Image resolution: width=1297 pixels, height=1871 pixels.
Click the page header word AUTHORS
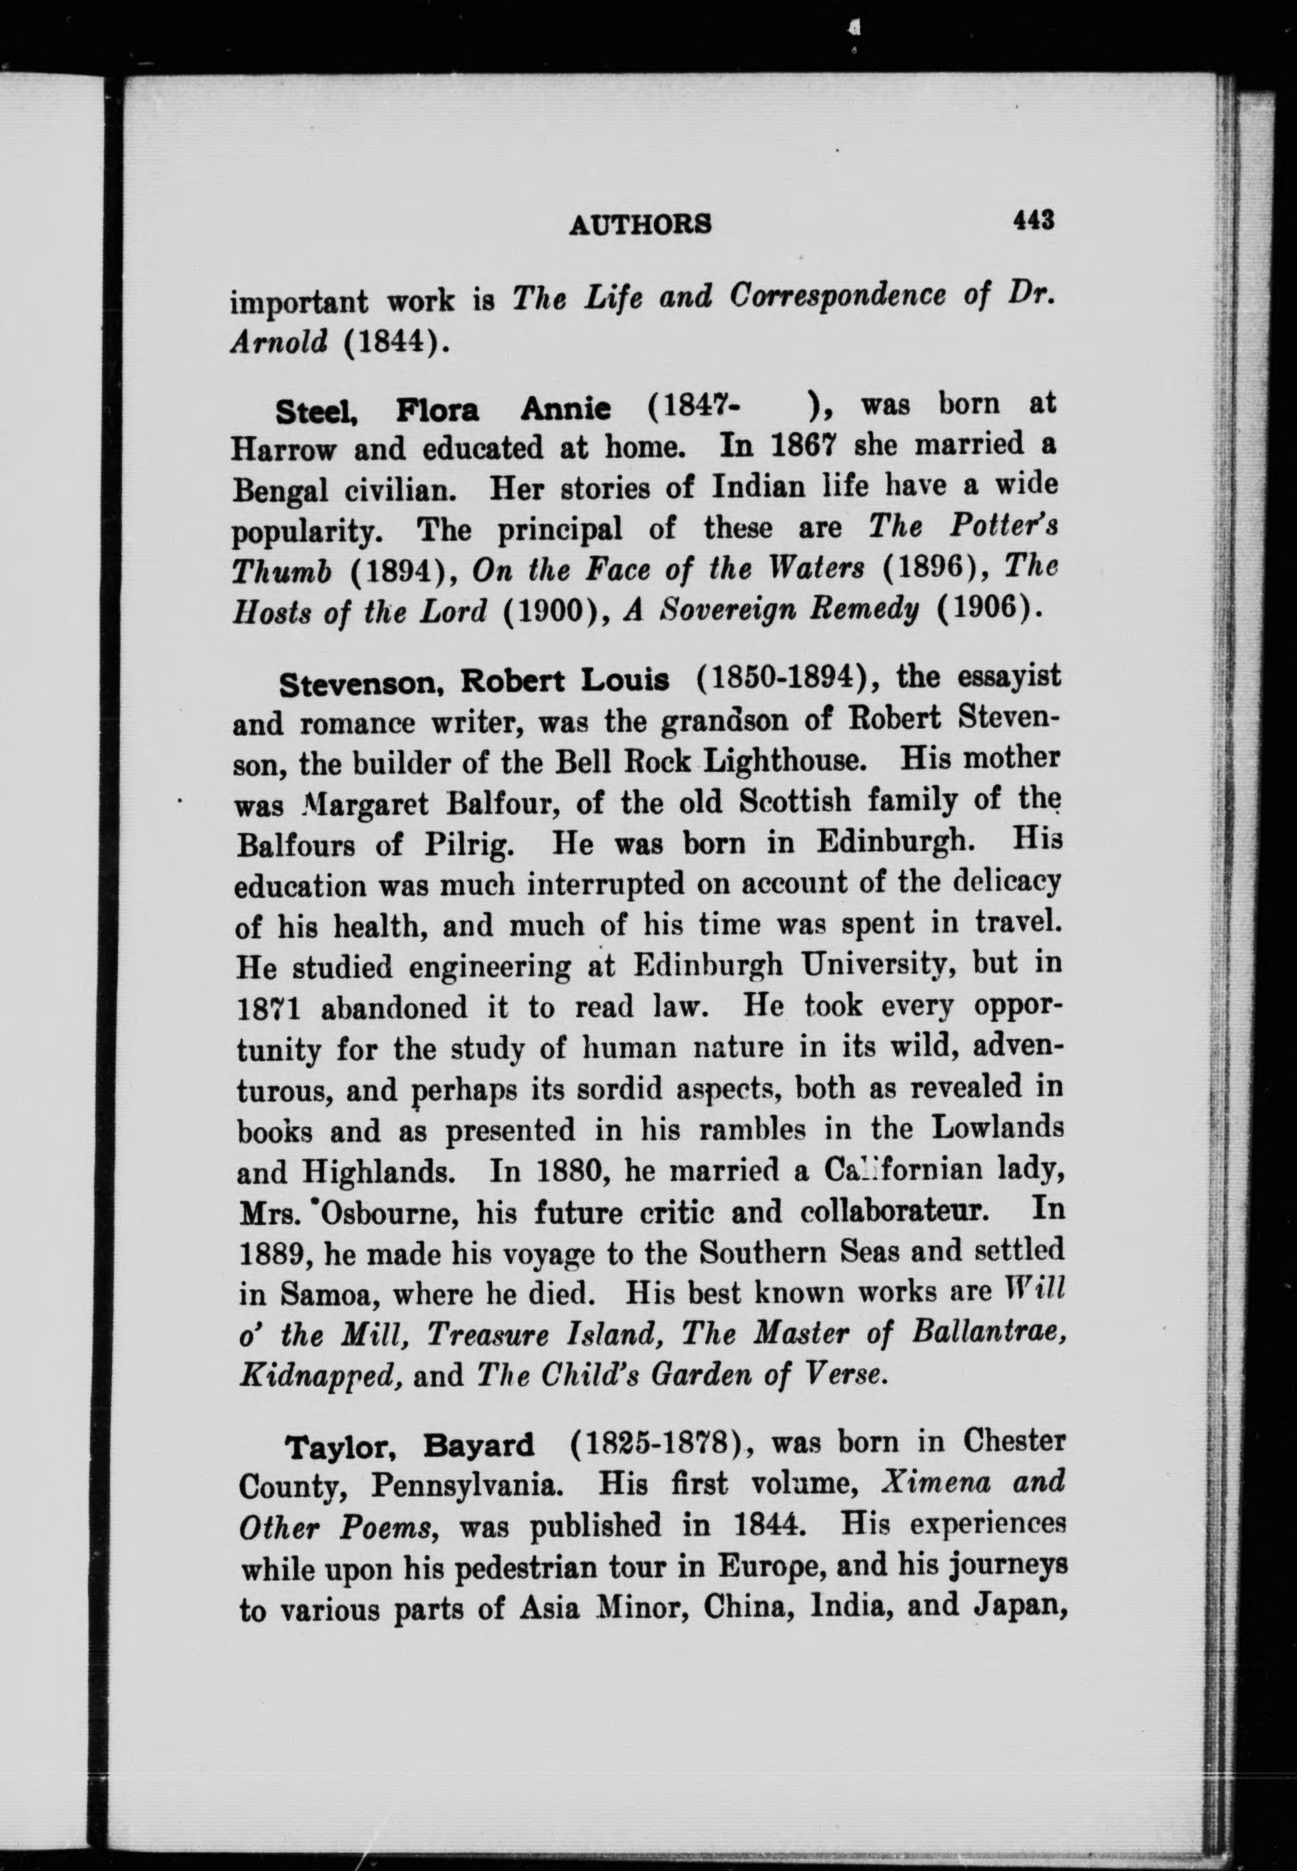pyautogui.click(x=640, y=225)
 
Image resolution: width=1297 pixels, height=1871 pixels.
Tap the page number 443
pyautogui.click(x=1032, y=220)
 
